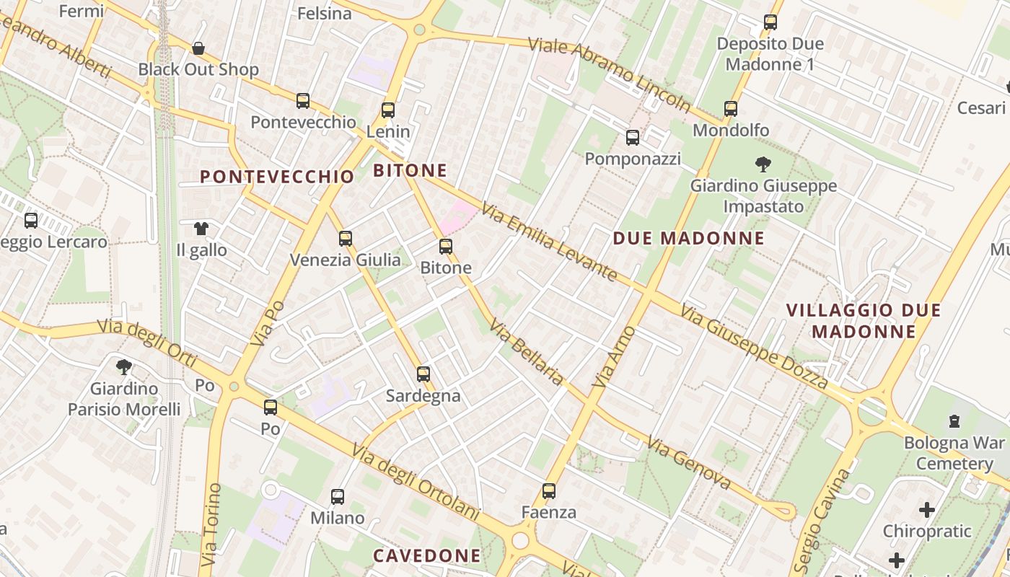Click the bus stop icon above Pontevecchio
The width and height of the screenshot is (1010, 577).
pyautogui.click(x=303, y=101)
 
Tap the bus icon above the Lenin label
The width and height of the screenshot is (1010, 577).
pyautogui.click(x=388, y=110)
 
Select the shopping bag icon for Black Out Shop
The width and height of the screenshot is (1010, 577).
pyautogui.click(x=198, y=48)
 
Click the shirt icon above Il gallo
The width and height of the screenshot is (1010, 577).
pyautogui.click(x=201, y=229)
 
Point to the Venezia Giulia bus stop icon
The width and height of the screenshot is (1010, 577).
pyautogui.click(x=346, y=238)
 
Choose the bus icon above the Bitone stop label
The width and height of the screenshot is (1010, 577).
pyautogui.click(x=446, y=247)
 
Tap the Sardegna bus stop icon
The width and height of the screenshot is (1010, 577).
pyautogui.click(x=423, y=374)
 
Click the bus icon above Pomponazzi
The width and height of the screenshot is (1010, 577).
pyautogui.click(x=633, y=137)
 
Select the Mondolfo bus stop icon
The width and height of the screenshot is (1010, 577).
pyautogui.click(x=731, y=109)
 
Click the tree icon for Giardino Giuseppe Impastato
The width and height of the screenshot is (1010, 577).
pyautogui.click(x=763, y=164)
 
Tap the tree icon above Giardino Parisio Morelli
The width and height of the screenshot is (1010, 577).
pyautogui.click(x=124, y=367)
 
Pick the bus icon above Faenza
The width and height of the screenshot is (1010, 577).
pyautogui.click(x=549, y=491)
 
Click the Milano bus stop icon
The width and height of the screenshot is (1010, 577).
pyautogui.click(x=338, y=496)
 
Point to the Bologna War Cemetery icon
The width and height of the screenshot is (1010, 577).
pyautogui.click(x=954, y=420)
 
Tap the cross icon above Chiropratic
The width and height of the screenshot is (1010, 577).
pyautogui.click(x=927, y=510)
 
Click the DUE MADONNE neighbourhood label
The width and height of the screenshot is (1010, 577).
pyautogui.click(x=688, y=239)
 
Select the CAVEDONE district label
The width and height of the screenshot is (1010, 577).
pyautogui.click(x=426, y=555)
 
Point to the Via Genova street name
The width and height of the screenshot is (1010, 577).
pyautogui.click(x=689, y=462)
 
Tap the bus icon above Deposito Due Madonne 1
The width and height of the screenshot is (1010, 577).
pyautogui.click(x=770, y=22)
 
